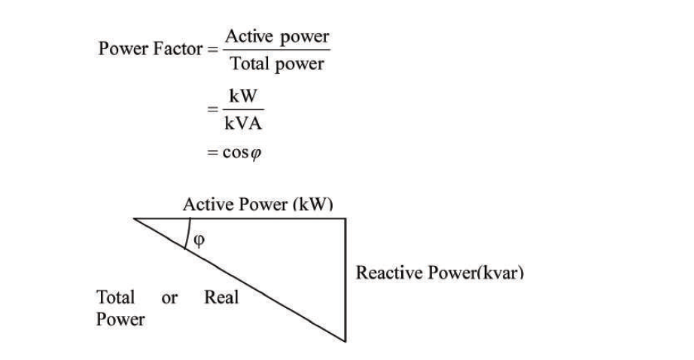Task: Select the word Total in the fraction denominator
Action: (250, 63)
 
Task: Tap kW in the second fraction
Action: (243, 96)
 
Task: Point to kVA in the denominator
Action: (243, 123)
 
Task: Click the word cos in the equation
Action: (236, 153)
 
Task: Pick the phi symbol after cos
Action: (256, 154)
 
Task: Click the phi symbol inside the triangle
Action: (199, 240)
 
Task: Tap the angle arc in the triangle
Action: (188, 233)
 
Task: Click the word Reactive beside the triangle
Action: (389, 273)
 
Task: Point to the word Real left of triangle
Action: (221, 297)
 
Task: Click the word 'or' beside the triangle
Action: (169, 298)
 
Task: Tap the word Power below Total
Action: (120, 319)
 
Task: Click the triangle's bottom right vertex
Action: (345, 341)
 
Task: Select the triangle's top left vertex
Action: (134, 218)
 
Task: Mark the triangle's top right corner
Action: (345, 218)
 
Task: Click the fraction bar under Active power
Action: (277, 50)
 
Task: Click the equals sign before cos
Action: (212, 153)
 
